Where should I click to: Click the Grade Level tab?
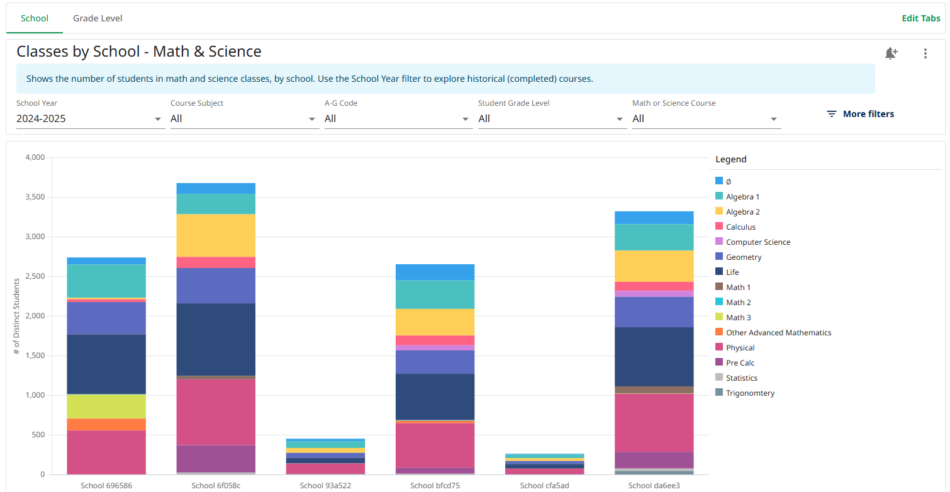98,18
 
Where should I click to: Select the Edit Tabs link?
920,18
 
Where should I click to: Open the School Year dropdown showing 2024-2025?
91,118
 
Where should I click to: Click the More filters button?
861,114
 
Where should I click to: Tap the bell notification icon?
891,53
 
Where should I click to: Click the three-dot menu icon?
925,53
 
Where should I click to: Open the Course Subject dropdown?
245,118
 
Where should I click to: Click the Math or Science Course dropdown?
707,118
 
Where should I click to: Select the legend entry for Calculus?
735,227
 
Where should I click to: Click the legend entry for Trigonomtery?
745,393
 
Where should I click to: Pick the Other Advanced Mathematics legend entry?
773,333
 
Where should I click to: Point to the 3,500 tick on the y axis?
35,197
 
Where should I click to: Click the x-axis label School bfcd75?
435,485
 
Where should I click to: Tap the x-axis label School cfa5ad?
545,485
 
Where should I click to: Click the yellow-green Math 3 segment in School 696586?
106,406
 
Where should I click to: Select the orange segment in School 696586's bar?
106,425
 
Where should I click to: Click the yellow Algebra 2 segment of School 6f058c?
216,235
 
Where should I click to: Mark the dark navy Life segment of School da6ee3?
654,357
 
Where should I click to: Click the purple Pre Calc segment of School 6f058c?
216,459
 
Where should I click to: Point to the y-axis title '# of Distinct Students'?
16,316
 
